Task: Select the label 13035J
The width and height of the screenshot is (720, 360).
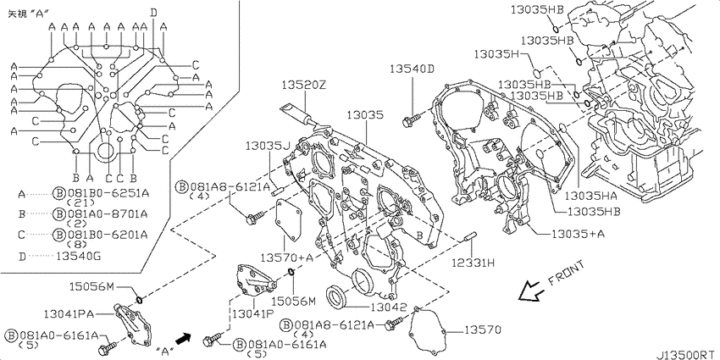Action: pos(269,146)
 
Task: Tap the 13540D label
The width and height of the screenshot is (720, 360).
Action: pos(412,69)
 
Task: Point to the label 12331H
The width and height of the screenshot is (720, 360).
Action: pos(473,263)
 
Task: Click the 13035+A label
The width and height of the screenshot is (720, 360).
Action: pos(578,234)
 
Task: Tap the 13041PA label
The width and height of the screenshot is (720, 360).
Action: pos(69,314)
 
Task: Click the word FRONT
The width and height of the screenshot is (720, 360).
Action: pos(566,274)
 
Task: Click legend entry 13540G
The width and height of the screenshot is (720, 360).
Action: pos(78,256)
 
